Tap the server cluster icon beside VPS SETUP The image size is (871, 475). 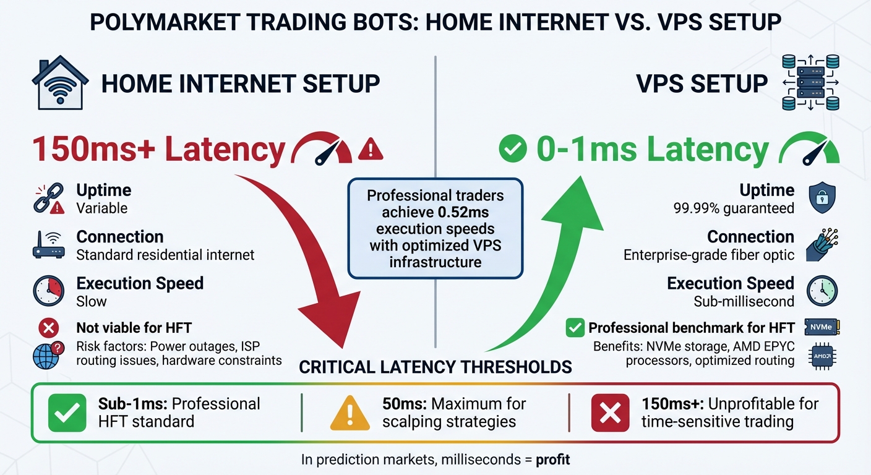810,82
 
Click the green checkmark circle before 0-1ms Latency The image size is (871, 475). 512,149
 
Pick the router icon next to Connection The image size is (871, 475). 48,246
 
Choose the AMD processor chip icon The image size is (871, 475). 822,357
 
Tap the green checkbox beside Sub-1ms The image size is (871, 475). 67,413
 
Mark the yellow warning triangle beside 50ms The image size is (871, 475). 350,413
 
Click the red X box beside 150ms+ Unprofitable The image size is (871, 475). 610,413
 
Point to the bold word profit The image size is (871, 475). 552,460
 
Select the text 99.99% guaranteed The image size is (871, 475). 733,208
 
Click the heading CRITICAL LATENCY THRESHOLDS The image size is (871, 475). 435,367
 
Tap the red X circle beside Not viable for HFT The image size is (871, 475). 48,328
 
